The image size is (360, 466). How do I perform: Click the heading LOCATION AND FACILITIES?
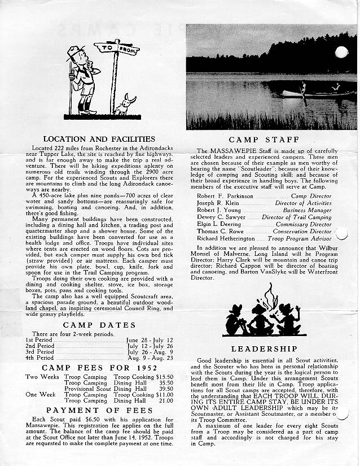99,138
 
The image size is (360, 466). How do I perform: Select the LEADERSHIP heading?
264,349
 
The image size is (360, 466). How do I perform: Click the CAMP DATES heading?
99,325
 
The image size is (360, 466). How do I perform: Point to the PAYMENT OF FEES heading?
99,410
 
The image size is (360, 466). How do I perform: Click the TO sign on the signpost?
104,49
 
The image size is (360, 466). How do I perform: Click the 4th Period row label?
39,358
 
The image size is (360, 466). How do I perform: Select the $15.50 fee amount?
165,376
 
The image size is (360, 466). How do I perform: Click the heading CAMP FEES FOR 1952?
99,368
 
